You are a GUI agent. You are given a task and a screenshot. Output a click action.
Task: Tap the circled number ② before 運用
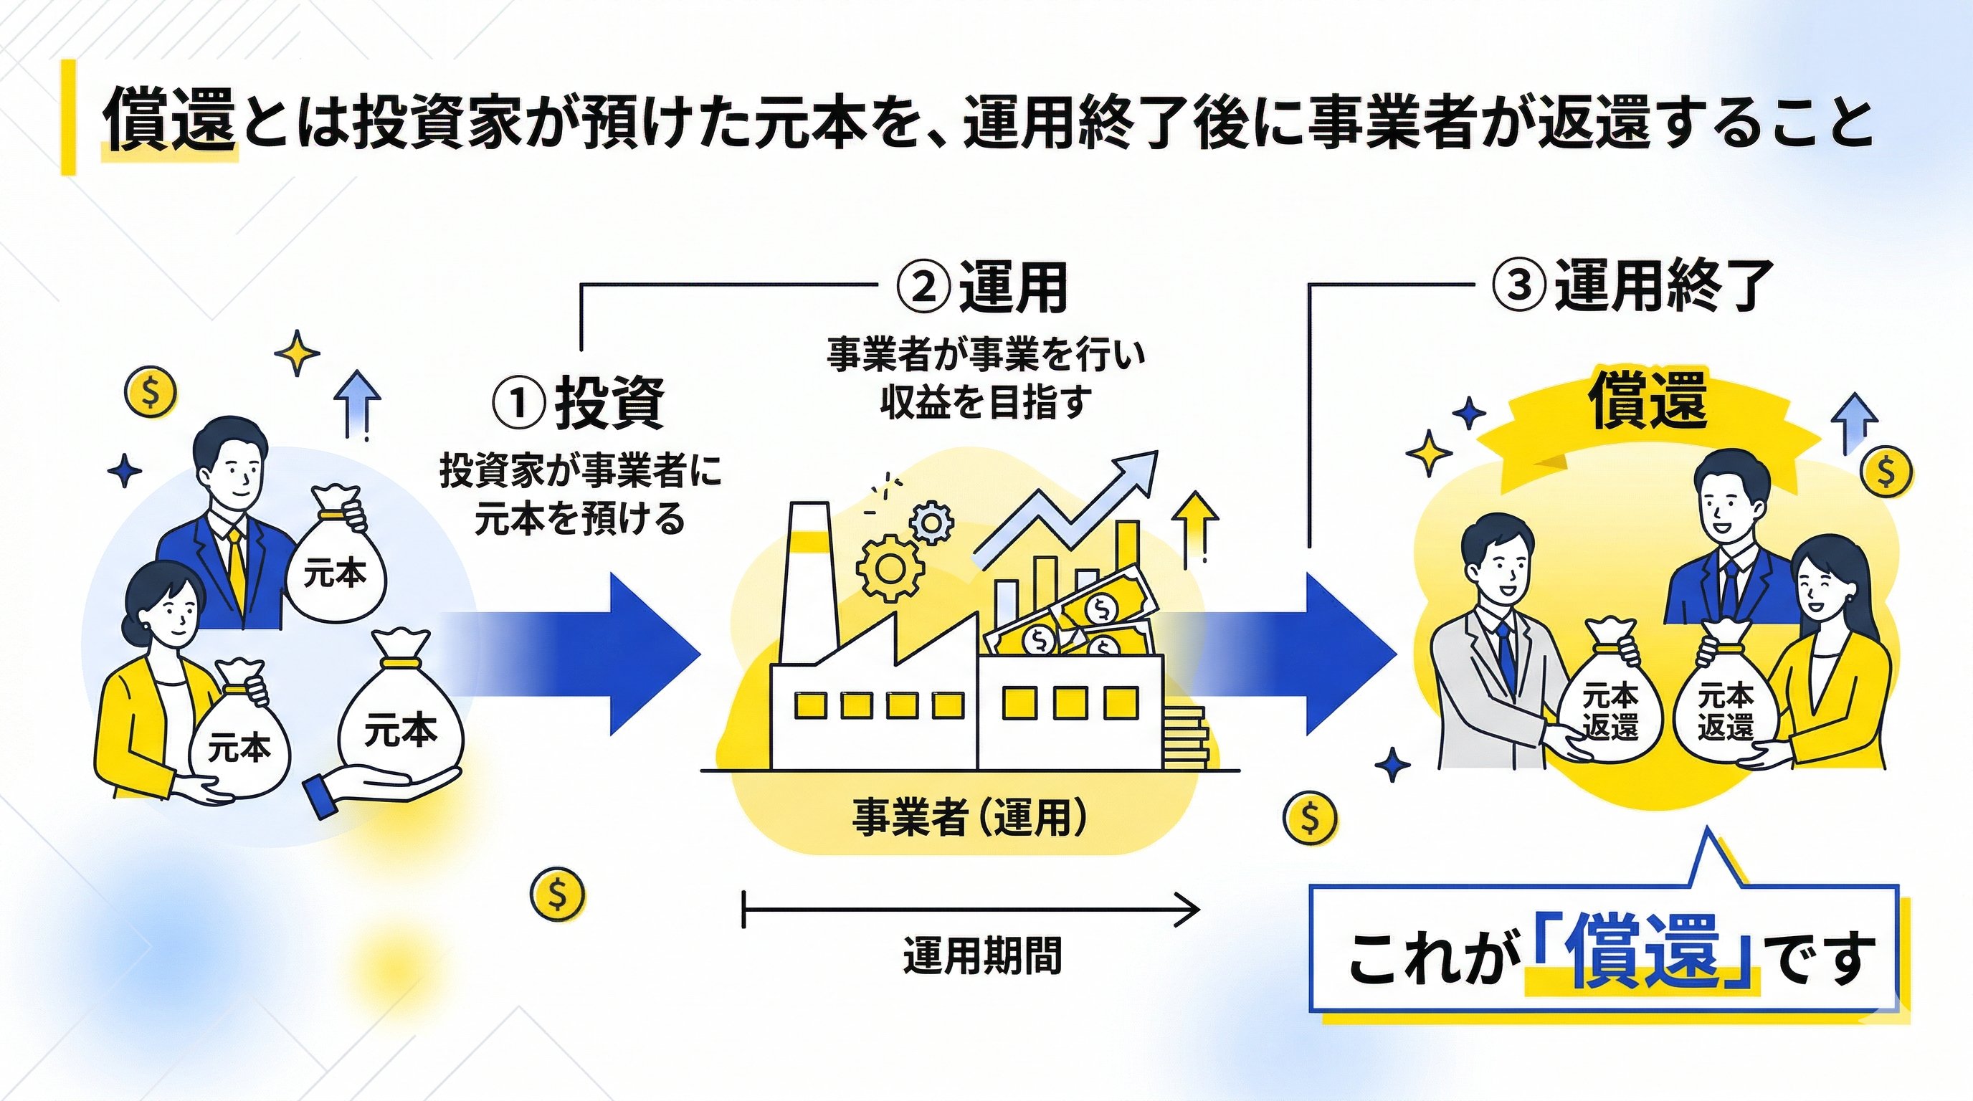(924, 288)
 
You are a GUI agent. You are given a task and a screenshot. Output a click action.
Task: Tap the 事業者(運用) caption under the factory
(969, 818)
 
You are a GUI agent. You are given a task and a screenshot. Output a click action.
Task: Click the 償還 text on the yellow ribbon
(1647, 401)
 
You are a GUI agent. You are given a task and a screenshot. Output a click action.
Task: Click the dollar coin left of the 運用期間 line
(557, 892)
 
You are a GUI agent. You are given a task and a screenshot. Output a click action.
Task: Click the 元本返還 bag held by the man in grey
(1610, 708)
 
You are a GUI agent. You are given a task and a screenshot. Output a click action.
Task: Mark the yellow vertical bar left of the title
(68, 117)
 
